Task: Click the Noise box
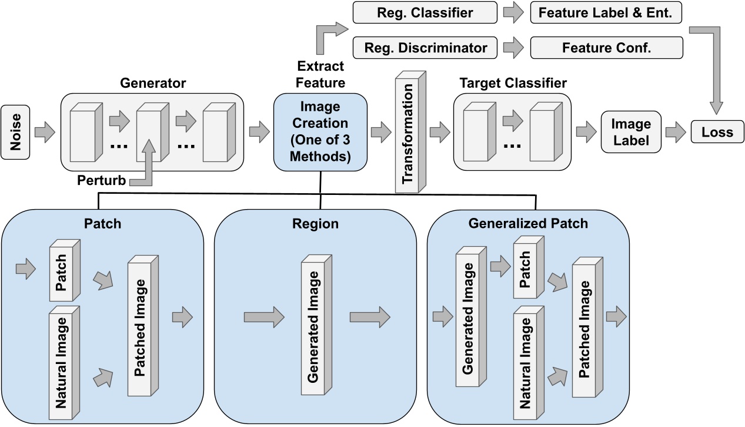pyautogui.click(x=16, y=133)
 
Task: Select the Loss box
pyautogui.click(x=717, y=132)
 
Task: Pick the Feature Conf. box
pyautogui.click(x=606, y=48)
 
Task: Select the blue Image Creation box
pyautogui.click(x=320, y=133)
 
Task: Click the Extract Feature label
pyautogui.click(x=321, y=74)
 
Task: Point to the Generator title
pyautogui.click(x=152, y=84)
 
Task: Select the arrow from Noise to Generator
pyautogui.click(x=45, y=133)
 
